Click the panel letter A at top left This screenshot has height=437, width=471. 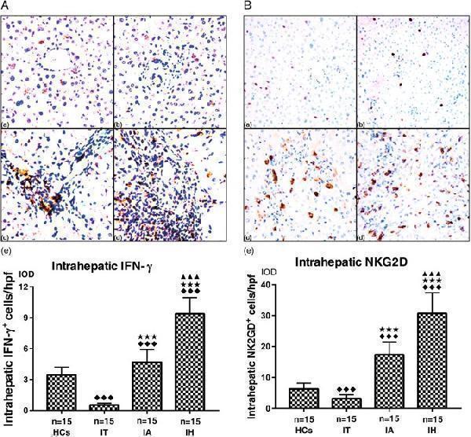(x=6, y=6)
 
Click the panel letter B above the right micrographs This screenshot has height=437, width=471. (x=249, y=6)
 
